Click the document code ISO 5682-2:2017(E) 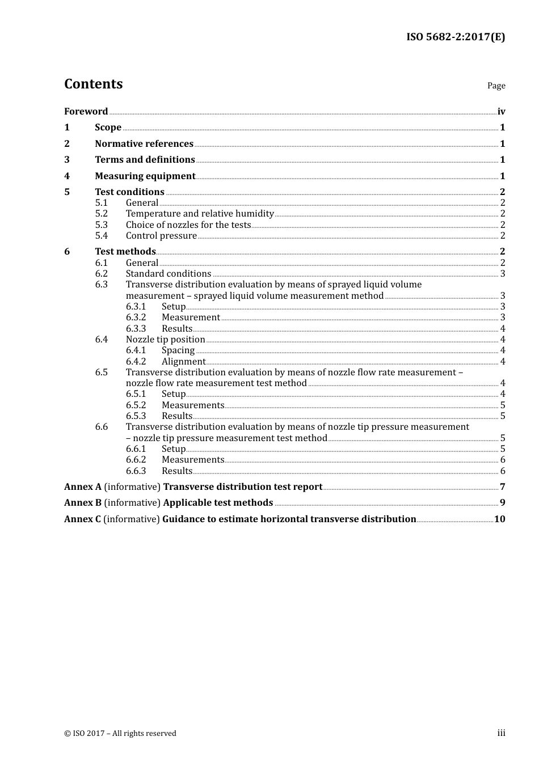(x=455, y=37)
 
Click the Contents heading (x=93, y=84)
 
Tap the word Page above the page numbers (x=496, y=86)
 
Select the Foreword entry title (x=86, y=112)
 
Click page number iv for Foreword (x=501, y=112)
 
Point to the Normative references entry (x=144, y=144)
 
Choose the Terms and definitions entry (x=145, y=160)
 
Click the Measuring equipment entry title (x=145, y=176)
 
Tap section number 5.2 (x=101, y=214)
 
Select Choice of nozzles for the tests (x=188, y=225)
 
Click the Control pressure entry (x=161, y=236)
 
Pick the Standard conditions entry (x=168, y=274)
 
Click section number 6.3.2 (x=136, y=317)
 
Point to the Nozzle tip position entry (x=165, y=340)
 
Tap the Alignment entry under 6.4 (x=183, y=362)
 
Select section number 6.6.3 (x=136, y=471)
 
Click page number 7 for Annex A (x=502, y=487)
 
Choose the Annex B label (x=83, y=503)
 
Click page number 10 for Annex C (x=499, y=519)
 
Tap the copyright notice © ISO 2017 (x=120, y=734)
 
